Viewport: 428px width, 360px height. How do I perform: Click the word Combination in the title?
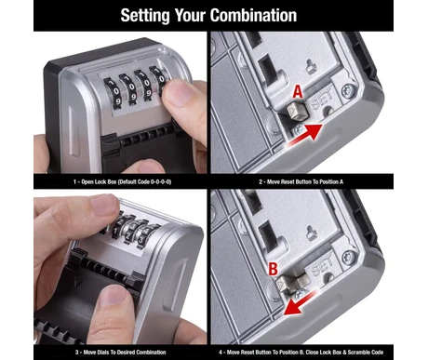[253, 15]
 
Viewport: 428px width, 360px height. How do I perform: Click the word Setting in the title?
[145, 16]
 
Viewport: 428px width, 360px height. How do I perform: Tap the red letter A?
[298, 92]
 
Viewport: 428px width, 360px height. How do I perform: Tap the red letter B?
[273, 269]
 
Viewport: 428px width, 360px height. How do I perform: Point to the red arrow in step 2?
[305, 135]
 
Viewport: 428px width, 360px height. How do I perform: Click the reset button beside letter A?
[297, 112]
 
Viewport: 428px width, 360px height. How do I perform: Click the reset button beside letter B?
[290, 283]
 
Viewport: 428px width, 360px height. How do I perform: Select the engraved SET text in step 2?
[322, 99]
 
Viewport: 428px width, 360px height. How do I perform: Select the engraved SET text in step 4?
[321, 265]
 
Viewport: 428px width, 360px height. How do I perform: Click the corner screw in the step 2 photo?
[348, 91]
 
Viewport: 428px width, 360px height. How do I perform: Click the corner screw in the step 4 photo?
[348, 258]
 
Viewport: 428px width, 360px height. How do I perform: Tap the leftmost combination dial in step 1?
[113, 92]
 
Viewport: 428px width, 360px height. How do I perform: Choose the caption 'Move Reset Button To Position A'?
[305, 181]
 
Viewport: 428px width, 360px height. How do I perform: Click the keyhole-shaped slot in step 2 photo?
[311, 66]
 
